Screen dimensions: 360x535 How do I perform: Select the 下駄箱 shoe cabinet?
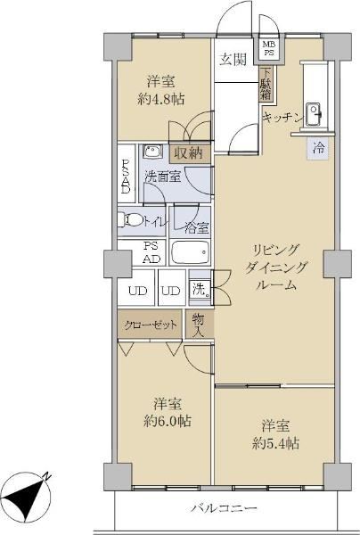(x=266, y=84)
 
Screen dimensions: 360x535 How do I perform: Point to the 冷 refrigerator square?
(x=319, y=149)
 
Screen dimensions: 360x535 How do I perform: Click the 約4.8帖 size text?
(x=161, y=99)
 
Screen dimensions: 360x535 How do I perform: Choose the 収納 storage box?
(x=191, y=153)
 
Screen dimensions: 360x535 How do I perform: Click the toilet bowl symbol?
(x=129, y=219)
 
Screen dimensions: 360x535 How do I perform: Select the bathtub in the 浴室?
(x=190, y=252)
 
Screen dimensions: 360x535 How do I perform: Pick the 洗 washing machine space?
(x=200, y=290)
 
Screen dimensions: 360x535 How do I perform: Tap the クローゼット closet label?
(x=151, y=325)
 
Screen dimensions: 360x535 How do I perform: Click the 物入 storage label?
(x=199, y=325)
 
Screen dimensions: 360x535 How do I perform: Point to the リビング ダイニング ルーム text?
(x=276, y=267)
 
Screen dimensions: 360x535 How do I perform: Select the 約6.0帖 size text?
(x=167, y=422)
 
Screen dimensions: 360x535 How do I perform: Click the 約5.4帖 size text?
(x=276, y=443)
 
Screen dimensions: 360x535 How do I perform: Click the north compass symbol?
(x=28, y=497)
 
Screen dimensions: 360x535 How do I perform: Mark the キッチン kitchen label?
(x=283, y=118)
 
